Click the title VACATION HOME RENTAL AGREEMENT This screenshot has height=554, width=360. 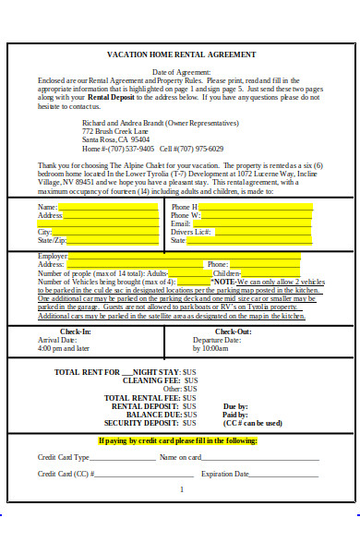click(180, 54)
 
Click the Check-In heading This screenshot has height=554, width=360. click(76, 331)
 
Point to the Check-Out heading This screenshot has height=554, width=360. click(233, 331)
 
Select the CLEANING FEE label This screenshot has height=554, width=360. click(142, 379)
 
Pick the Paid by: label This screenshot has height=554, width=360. click(235, 415)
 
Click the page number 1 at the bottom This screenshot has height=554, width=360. click(181, 489)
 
